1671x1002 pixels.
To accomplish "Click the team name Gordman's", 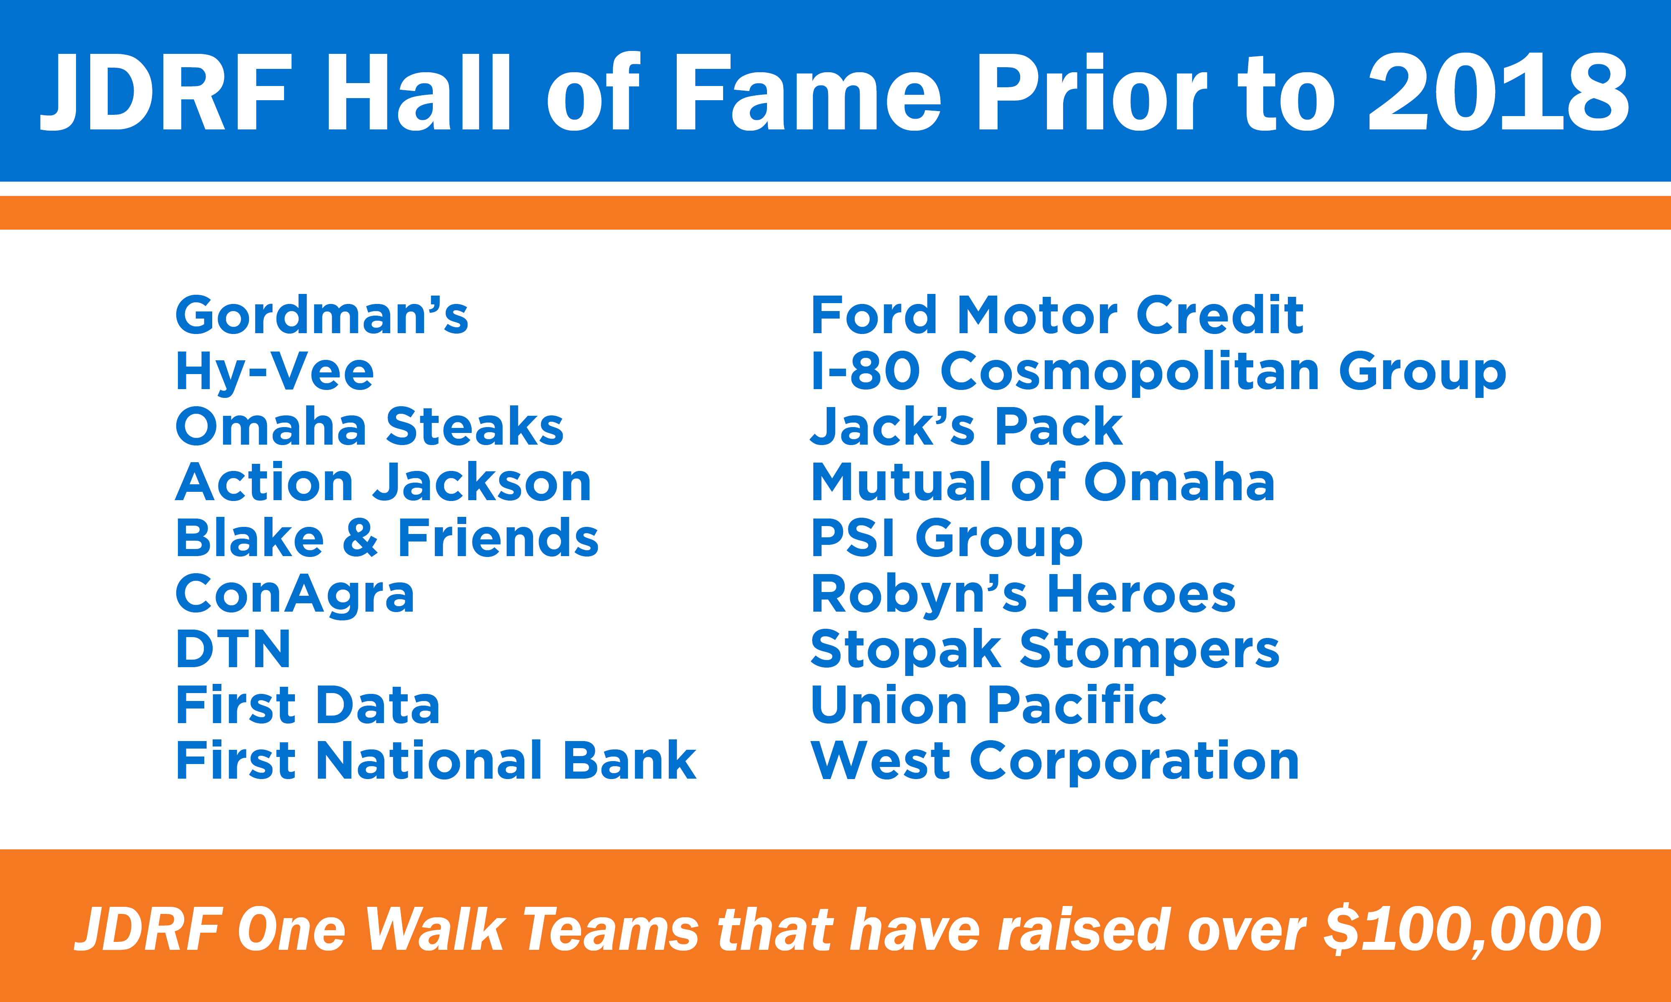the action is click(322, 315).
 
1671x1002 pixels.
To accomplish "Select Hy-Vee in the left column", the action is click(274, 372).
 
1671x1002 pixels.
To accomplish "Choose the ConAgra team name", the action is click(295, 595).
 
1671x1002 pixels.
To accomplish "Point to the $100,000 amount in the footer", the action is click(1462, 929).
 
